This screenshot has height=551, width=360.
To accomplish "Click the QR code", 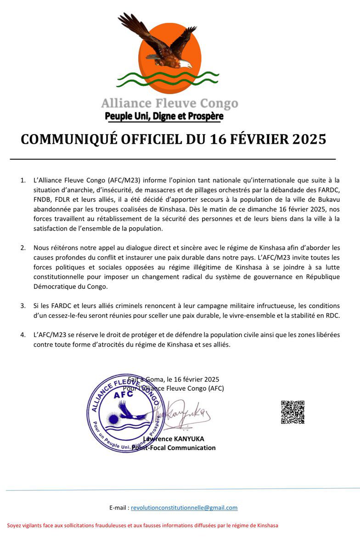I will click(292, 412).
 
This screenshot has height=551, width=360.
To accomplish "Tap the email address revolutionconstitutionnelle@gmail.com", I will click(184, 507).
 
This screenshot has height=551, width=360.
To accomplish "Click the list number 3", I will click(22, 305).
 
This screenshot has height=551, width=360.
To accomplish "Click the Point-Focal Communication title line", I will click(174, 448).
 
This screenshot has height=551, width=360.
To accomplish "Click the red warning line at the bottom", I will click(142, 525).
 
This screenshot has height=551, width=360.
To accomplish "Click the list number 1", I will click(22, 180).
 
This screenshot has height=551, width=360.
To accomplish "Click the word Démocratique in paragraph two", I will click(55, 286).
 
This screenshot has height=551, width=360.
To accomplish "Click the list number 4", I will click(22, 335).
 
